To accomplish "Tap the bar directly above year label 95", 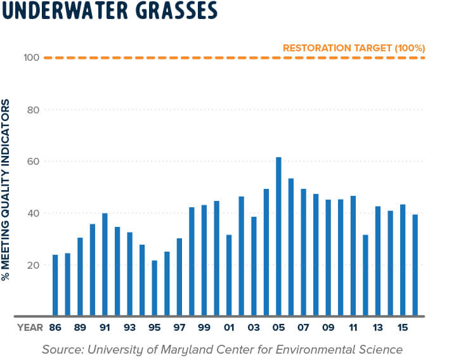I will (154, 288).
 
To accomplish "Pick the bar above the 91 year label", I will (105, 264).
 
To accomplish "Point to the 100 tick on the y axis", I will (32, 58).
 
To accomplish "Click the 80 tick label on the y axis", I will (33, 110).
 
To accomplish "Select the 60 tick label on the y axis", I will (33, 162).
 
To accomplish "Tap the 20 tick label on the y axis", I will (33, 265).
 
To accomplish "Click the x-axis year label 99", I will (204, 328).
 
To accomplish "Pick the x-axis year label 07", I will (303, 328).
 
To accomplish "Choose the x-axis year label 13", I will (377, 328).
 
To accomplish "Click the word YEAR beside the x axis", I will (30, 328).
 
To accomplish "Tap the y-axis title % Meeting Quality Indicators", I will (7, 190).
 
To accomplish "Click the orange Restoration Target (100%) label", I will (353, 48).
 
